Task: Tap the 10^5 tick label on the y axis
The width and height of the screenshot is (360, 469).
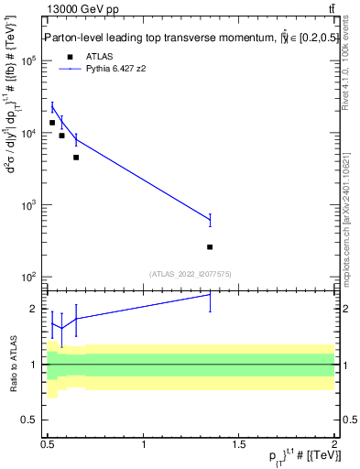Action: pos(28,61)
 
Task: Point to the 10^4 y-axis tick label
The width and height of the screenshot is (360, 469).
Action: pos(28,134)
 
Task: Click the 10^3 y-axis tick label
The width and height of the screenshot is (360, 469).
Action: pos(28,205)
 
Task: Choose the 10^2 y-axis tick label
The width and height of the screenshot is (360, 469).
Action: pos(28,277)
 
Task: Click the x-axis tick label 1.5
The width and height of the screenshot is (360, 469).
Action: pos(239,444)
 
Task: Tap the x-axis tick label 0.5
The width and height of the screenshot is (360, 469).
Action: pos(49,444)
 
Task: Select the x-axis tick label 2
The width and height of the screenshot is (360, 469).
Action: pos(334,444)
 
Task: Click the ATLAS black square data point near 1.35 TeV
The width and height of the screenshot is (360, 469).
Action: pos(211,247)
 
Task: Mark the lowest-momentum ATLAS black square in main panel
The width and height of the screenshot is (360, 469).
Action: pos(52,123)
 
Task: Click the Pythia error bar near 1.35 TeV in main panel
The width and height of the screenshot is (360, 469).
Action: pos(211,220)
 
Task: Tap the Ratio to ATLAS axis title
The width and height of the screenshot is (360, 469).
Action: pos(12,365)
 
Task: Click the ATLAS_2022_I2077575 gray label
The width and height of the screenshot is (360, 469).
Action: pos(191,273)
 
